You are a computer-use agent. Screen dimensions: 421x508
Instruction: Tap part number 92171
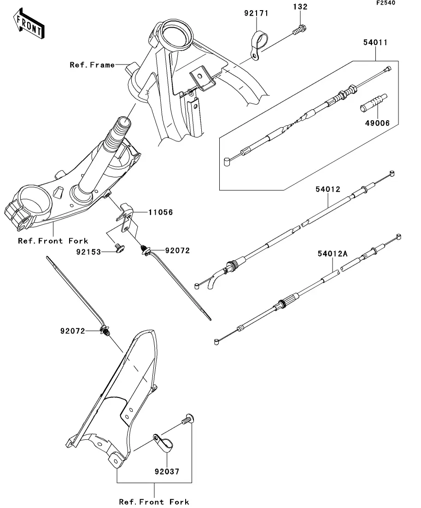[x=256, y=13]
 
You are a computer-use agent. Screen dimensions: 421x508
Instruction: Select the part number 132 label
[x=300, y=6]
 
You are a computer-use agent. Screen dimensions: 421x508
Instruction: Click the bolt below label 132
[x=299, y=30]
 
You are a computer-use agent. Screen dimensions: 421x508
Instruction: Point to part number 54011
[x=375, y=42]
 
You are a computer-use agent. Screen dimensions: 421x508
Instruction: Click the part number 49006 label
[x=377, y=123]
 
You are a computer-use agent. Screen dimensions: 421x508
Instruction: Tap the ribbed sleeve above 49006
[x=374, y=103]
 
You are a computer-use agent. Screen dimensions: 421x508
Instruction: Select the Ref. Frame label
[x=93, y=65]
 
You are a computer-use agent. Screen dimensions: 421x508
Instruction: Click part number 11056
[x=161, y=212]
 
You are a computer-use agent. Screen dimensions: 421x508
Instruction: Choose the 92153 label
[x=89, y=252]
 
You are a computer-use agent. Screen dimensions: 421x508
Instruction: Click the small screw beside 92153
[x=119, y=249]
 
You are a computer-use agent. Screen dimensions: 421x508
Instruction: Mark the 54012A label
[x=333, y=254]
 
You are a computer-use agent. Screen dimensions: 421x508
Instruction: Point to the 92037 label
[x=167, y=472]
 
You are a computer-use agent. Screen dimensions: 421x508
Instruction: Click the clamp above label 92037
[x=163, y=443]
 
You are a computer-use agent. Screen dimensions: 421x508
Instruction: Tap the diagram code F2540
[x=386, y=3]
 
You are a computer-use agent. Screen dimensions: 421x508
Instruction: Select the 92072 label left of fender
[x=73, y=331]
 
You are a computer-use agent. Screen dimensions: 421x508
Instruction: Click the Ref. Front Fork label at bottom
[x=154, y=502]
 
